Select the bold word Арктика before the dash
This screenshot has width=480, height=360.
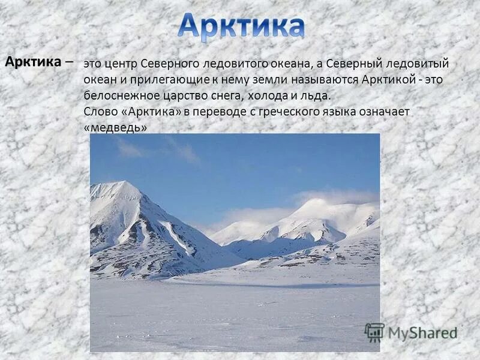tap(33, 61)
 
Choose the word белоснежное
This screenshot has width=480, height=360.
tap(122, 96)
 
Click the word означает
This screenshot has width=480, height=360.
tap(383, 112)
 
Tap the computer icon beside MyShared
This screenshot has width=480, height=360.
tap(375, 332)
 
